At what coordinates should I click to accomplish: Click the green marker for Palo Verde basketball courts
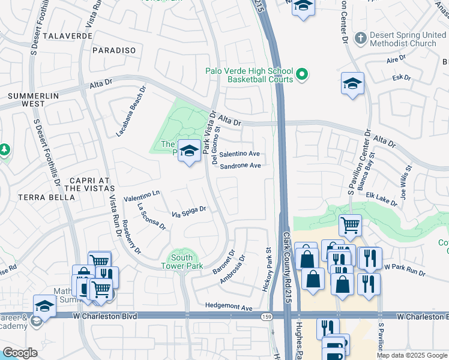303,74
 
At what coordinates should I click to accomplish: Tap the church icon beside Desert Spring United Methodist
360,38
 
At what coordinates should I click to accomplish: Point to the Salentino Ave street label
239,154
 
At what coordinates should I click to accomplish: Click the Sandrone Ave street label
240,166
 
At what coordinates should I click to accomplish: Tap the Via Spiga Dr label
189,212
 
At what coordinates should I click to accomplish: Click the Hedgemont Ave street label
229,307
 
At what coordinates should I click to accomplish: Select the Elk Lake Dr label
382,199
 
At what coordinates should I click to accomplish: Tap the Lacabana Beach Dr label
131,111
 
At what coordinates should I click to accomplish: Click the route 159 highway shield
265,316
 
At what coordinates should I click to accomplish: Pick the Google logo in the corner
19,353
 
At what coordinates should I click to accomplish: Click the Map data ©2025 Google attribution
411,355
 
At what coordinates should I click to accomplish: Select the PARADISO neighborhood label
114,50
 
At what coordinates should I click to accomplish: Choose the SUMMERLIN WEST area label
26,100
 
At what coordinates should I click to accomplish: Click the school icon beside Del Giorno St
190,152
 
